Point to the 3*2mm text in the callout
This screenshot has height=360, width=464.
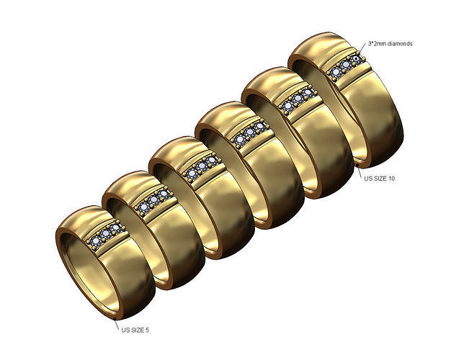375,44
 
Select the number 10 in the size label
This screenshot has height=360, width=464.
391,178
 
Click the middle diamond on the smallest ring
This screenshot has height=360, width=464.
107,235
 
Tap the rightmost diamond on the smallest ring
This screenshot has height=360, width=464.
116,230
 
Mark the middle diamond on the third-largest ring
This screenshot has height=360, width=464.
249,132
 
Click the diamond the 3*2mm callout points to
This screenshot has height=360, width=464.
355,60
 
